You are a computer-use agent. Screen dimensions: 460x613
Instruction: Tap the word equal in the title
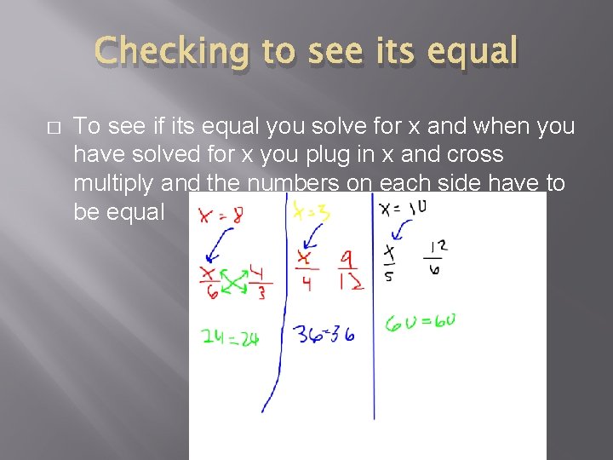point(473,51)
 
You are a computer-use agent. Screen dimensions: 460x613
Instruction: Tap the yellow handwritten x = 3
point(312,210)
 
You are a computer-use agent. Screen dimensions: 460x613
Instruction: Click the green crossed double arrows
point(233,282)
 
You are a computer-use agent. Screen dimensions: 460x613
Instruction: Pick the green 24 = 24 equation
point(229,337)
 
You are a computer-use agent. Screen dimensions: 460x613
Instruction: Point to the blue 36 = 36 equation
point(324,332)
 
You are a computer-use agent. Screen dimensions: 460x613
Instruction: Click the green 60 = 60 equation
point(421,323)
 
